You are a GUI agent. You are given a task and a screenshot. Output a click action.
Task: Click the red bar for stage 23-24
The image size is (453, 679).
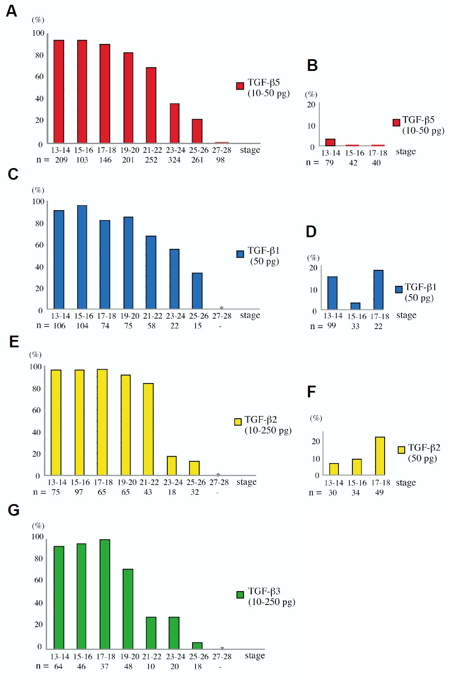click(x=175, y=123)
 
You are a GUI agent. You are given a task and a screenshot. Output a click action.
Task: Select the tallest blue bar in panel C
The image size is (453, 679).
click(x=82, y=257)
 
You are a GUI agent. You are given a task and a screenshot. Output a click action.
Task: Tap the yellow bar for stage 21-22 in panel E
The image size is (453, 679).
click(x=148, y=429)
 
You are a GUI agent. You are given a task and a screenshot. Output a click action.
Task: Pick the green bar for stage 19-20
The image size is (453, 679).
click(x=128, y=609)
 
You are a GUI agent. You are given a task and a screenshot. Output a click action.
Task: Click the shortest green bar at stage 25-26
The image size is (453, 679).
click(x=197, y=645)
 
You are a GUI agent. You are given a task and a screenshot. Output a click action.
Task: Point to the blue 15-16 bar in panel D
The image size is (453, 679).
click(x=355, y=306)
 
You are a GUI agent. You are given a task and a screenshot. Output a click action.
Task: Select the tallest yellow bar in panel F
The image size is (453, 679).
click(x=380, y=456)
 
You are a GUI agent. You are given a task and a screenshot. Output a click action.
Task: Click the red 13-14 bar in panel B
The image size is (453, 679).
click(x=330, y=142)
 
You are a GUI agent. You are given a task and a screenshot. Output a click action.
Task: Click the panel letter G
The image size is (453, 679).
click(x=14, y=510)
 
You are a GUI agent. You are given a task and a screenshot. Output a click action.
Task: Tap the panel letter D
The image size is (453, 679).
click(x=311, y=232)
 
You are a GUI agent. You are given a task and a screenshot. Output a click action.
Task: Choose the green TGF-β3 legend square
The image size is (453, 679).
click(x=240, y=595)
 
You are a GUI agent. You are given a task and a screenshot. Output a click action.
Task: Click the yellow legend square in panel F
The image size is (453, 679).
click(x=401, y=450)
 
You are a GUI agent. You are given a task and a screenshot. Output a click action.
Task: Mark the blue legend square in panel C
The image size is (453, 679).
click(x=240, y=254)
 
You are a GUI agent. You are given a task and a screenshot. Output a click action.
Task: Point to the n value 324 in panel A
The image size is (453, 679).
click(x=174, y=160)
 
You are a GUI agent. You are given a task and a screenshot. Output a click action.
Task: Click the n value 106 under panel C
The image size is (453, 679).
click(x=59, y=326)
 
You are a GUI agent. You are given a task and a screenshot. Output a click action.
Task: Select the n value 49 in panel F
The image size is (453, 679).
click(x=379, y=493)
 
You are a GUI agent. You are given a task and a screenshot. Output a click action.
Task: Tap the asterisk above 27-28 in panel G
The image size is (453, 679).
click(x=222, y=649)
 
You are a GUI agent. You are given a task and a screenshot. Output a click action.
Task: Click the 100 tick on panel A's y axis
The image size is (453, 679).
click(x=38, y=33)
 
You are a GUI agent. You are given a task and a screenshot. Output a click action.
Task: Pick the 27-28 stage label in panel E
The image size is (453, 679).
click(x=219, y=482)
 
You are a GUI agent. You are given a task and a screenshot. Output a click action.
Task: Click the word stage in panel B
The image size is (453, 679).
click(x=406, y=151)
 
